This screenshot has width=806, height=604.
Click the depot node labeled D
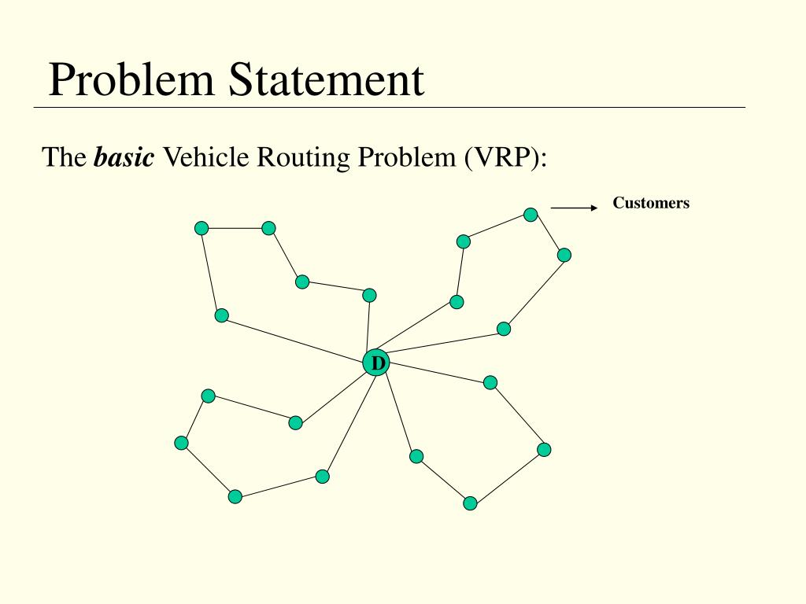coord(376,363)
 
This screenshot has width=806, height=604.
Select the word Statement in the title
coord(327,80)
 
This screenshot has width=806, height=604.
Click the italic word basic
coord(124,157)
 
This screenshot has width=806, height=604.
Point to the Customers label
coord(651,203)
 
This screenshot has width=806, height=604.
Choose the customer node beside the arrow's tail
coord(531,215)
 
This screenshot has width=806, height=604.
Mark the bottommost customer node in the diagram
coord(470,503)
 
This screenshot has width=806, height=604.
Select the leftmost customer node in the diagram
coord(182,443)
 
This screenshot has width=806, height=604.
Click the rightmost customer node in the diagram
coord(564,255)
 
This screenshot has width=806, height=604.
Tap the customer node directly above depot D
coord(369,295)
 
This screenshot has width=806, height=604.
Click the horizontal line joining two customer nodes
coord(235,228)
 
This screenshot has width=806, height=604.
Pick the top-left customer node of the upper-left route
coord(201,228)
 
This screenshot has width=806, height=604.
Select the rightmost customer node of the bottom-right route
coord(544,449)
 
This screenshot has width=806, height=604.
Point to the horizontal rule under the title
coord(390,107)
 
